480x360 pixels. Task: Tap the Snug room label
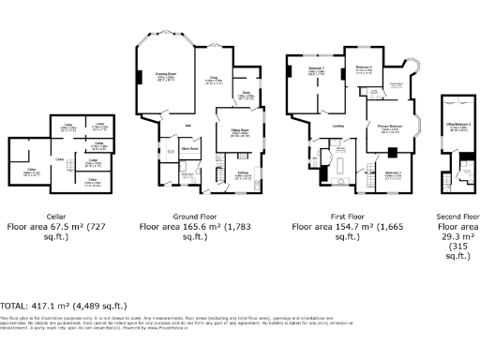[x=213, y=80]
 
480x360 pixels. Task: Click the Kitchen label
[x=242, y=173]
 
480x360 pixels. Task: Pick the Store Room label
[x=188, y=148]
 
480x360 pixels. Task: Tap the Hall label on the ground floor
[x=187, y=125]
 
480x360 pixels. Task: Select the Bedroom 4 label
[x=364, y=67]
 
